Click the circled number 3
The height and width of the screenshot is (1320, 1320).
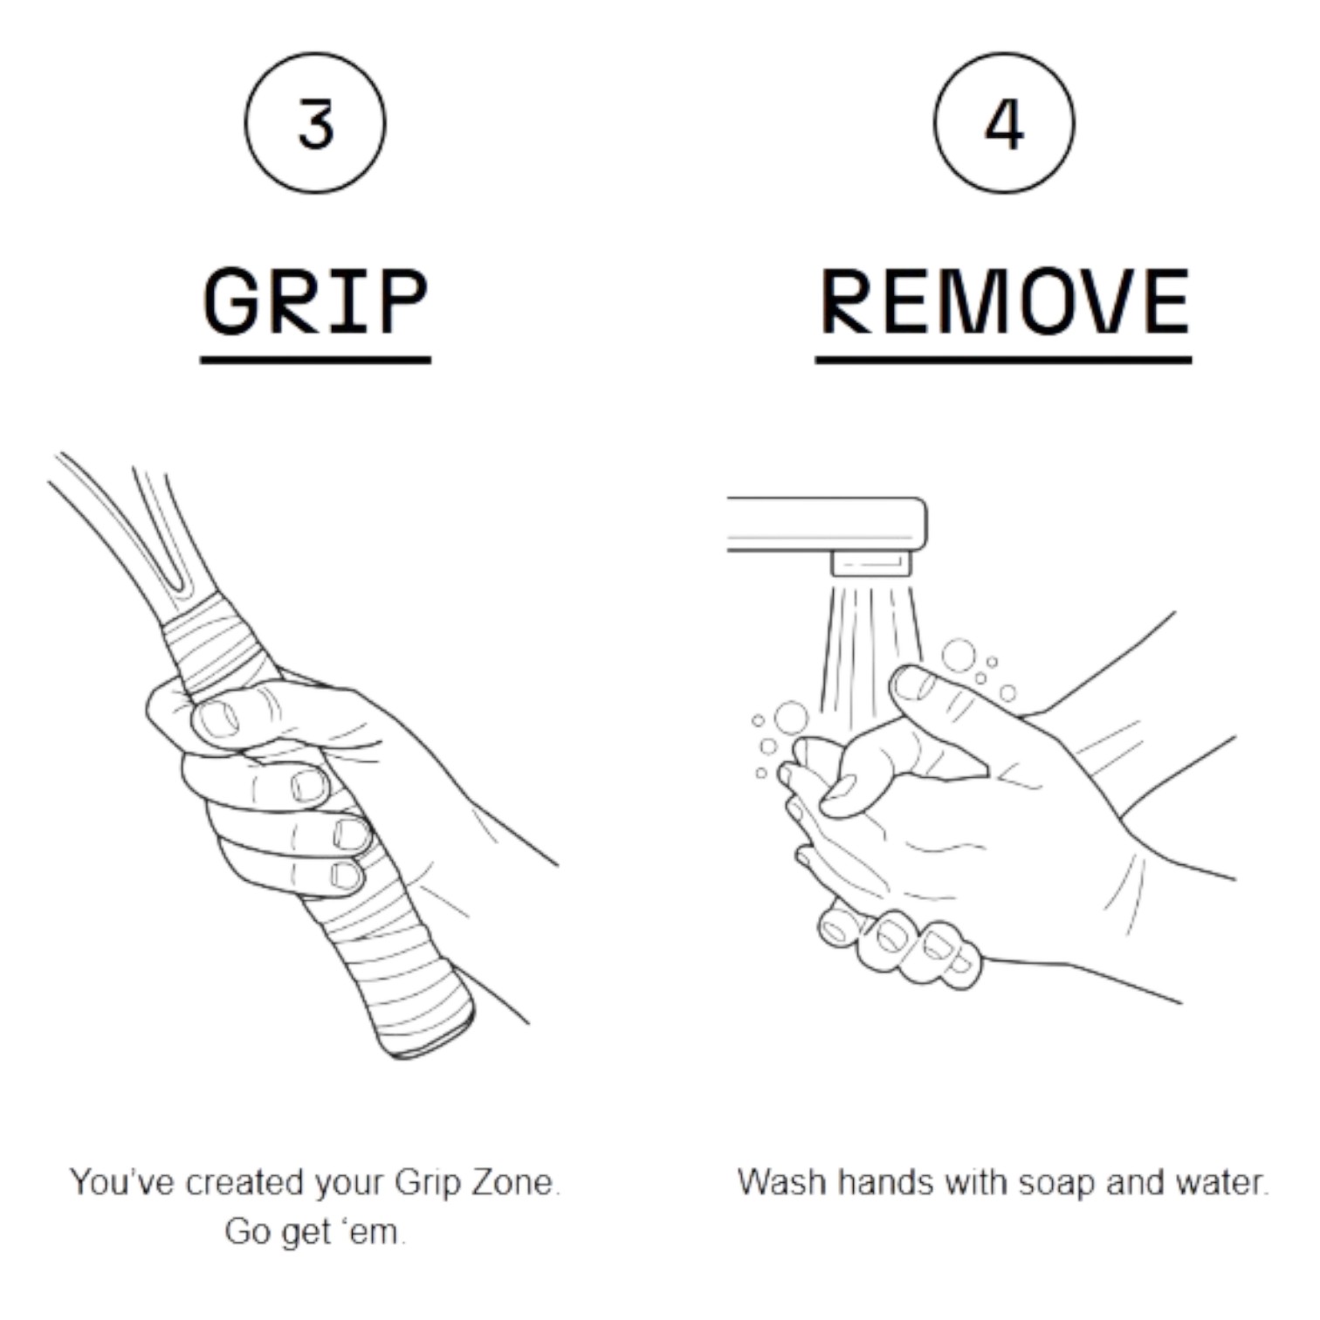[x=315, y=123]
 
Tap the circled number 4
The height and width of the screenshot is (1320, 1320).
[x=1004, y=123]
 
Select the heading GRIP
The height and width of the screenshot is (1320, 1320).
[x=315, y=301]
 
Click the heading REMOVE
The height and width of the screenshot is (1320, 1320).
[x=1004, y=301]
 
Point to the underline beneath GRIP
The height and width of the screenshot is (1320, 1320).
[x=315, y=359]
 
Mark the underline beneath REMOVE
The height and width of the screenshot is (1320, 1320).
[x=1004, y=359]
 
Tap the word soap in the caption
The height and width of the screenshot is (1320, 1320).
[x=1056, y=1184]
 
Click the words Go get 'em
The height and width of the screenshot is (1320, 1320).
[x=315, y=1232]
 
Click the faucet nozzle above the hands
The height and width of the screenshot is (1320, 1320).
[x=871, y=564]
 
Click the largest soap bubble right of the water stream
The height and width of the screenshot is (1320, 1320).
[x=959, y=655]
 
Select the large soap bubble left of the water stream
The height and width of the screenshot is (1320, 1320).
[x=792, y=718]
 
